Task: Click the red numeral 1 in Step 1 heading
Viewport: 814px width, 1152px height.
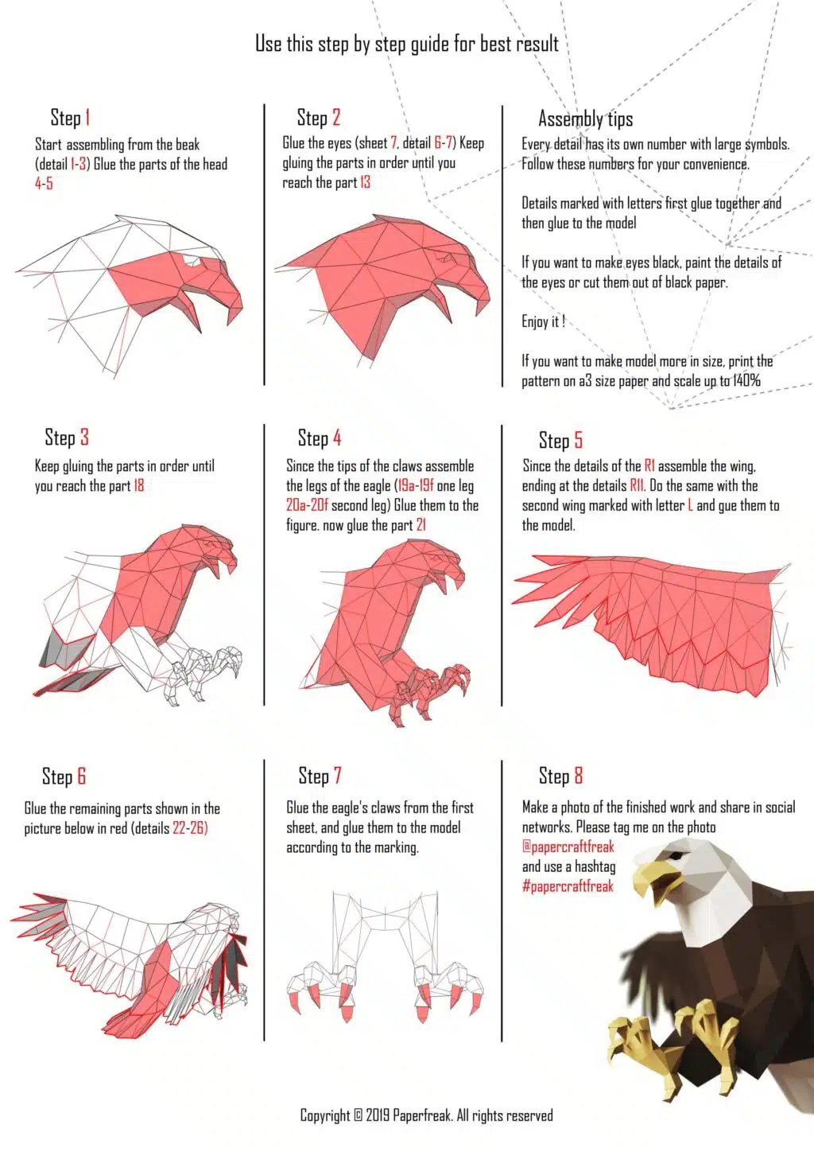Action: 88,117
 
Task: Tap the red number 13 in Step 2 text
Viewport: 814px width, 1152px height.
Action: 365,182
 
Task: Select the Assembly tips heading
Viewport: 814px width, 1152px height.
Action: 585,119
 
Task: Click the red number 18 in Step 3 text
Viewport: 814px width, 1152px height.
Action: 139,486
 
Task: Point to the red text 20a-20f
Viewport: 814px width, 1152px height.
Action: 307,505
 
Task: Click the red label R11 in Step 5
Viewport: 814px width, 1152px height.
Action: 638,486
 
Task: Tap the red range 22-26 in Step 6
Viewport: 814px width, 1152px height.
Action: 190,828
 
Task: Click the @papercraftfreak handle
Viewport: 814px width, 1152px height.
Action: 568,847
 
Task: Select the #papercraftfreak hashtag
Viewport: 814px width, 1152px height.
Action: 568,886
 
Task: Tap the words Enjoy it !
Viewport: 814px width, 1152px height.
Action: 543,322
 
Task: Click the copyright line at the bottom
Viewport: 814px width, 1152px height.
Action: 427,1115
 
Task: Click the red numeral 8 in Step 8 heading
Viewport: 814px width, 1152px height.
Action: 579,775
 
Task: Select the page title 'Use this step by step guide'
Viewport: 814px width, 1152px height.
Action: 407,45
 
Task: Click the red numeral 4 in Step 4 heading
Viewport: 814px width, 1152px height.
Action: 337,438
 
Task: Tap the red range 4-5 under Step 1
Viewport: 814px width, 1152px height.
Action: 44,184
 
